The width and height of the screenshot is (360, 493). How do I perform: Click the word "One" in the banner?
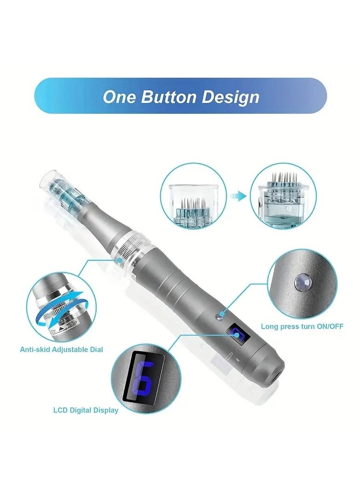[x=119, y=97]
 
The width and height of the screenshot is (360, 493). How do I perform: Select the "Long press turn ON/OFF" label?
[x=302, y=326]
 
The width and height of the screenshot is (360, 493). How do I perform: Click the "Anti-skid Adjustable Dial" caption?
[x=61, y=349]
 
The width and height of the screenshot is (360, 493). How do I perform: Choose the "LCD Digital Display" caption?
[x=86, y=410]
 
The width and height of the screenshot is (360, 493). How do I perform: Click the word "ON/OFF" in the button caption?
[x=330, y=326]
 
